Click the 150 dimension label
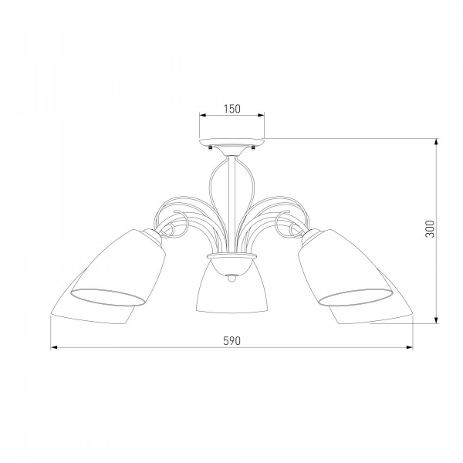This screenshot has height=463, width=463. (x=231, y=109)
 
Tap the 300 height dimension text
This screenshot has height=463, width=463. (x=430, y=229)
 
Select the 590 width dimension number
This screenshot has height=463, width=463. (x=231, y=341)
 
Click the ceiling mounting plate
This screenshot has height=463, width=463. (x=231, y=142)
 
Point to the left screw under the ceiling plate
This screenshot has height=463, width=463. (x=210, y=147)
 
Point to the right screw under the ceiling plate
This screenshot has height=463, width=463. (x=253, y=147)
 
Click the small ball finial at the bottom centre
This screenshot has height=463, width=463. (x=231, y=278)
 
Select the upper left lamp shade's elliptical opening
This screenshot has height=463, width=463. (x=108, y=296)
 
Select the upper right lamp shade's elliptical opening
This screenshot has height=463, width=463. (x=356, y=296)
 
